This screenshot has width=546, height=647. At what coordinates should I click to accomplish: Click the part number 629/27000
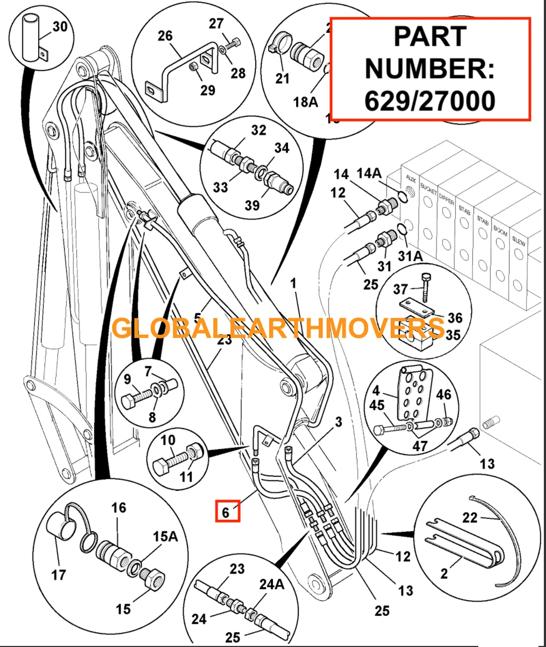point(430,100)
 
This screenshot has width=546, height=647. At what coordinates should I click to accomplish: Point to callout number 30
point(60,25)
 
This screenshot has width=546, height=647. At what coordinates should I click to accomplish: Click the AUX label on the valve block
point(410,177)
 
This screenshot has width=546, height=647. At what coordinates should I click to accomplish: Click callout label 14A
point(369,174)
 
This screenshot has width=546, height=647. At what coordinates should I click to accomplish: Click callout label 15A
point(164,538)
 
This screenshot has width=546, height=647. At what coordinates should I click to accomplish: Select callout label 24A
point(271,584)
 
